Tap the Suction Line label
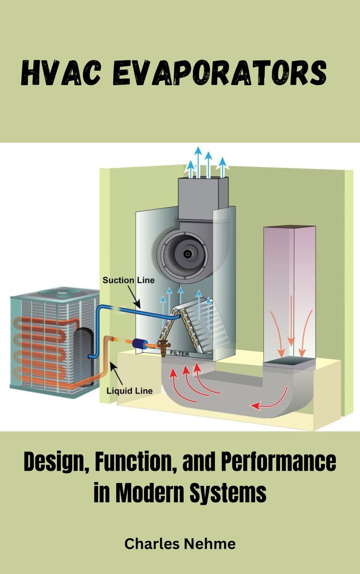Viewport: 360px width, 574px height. click(129, 280)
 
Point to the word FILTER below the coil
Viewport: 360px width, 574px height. click(178, 354)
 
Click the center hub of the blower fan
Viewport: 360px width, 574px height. click(187, 252)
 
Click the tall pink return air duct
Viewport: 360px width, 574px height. click(289, 292)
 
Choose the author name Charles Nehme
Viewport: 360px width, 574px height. click(180, 543)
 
